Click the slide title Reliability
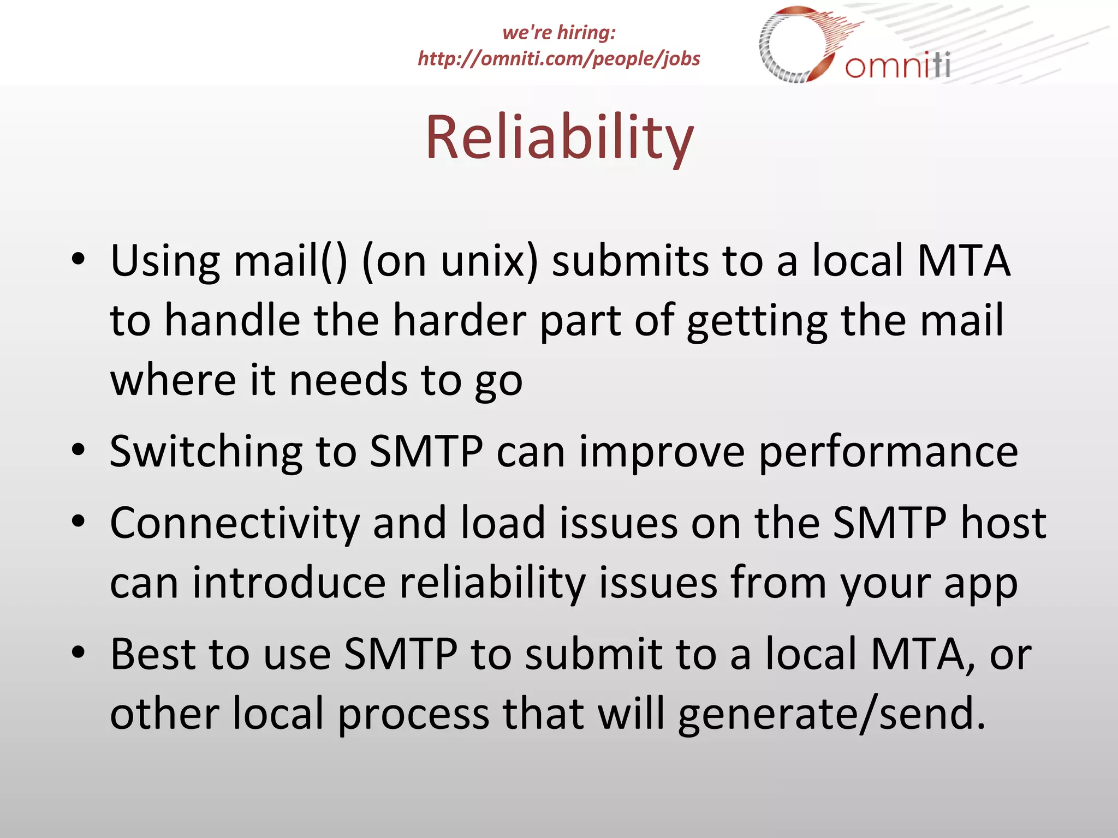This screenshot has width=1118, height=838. tap(559, 137)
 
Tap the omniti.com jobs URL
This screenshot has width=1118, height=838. tap(559, 58)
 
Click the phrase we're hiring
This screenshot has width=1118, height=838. tap(559, 32)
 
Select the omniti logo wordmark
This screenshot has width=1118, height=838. tap(898, 65)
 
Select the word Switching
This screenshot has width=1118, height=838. tap(206, 452)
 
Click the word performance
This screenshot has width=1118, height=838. tap(888, 452)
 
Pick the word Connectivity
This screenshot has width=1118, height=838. tap(235, 523)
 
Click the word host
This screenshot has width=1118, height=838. tap(1003, 523)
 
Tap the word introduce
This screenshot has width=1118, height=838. tap(289, 583)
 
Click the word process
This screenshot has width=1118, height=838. tap(413, 714)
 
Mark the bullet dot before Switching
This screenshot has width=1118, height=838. tap(79, 451)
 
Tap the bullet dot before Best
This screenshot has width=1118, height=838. tap(79, 653)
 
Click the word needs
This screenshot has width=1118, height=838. tap(348, 380)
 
